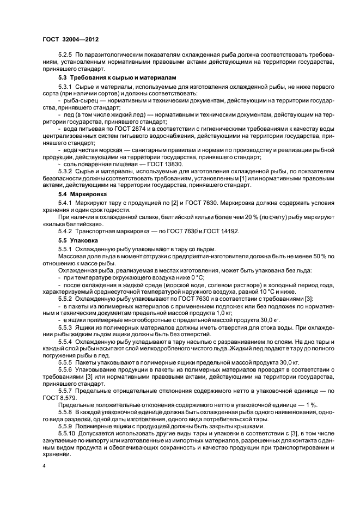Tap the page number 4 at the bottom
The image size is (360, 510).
click(44, 467)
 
